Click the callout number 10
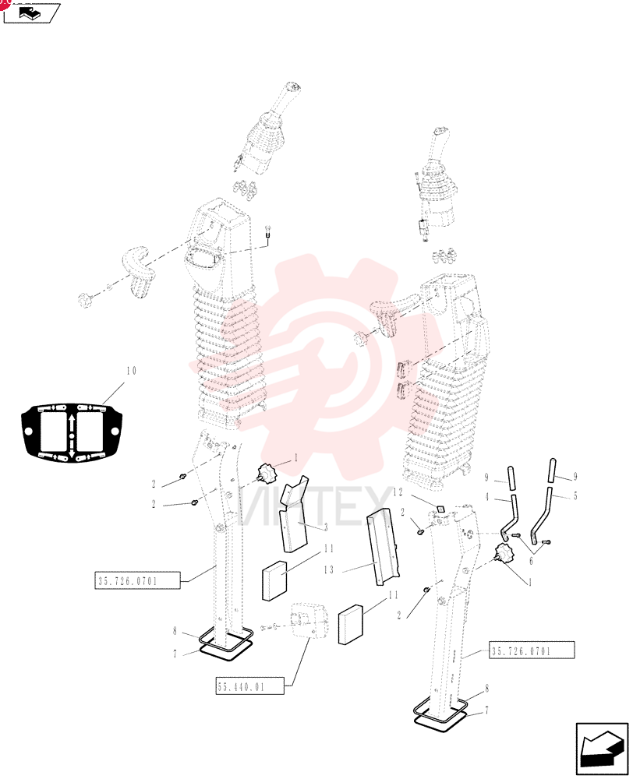pyautogui.click(x=131, y=371)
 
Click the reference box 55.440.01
pyautogui.click(x=249, y=686)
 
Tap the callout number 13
pyautogui.click(x=329, y=570)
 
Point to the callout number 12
pyautogui.click(x=398, y=492)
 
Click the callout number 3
pyautogui.click(x=326, y=527)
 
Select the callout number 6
pyautogui.click(x=531, y=561)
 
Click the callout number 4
pyautogui.click(x=486, y=497)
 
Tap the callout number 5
pyautogui.click(x=575, y=496)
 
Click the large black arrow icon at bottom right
pyautogui.click(x=601, y=749)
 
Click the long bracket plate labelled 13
pyautogui.click(x=384, y=547)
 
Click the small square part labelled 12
pyautogui.click(x=439, y=508)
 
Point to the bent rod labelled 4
pyautogui.click(x=510, y=504)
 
